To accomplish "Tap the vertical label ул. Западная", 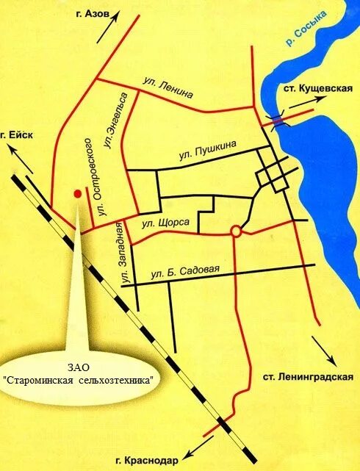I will (x=123, y=259).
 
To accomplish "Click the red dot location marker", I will (x=76, y=193).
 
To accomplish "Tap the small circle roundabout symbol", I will (x=235, y=231).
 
